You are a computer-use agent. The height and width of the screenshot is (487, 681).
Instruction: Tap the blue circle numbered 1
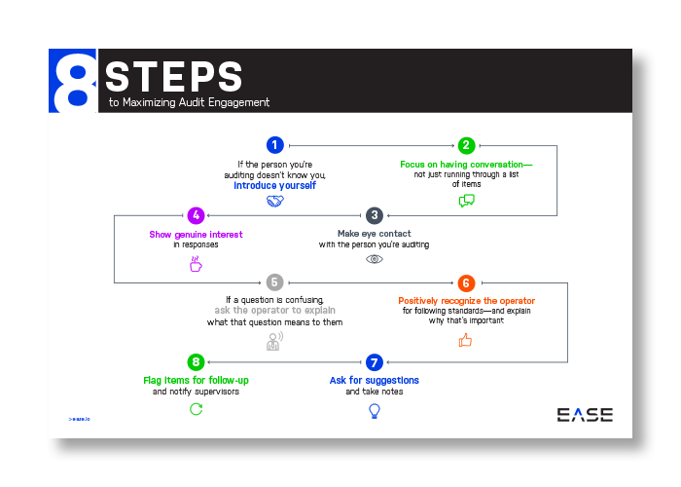click(x=275, y=145)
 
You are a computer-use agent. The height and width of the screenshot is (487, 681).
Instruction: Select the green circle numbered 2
click(x=467, y=145)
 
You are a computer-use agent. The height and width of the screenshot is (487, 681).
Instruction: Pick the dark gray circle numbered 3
click(x=374, y=214)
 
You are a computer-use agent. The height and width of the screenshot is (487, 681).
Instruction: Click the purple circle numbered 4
click(x=196, y=214)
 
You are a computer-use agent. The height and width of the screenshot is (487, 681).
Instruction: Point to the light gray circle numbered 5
click(x=275, y=282)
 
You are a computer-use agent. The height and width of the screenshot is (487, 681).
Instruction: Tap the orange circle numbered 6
click(x=467, y=282)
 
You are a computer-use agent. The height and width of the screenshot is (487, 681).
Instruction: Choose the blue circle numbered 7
click(x=374, y=362)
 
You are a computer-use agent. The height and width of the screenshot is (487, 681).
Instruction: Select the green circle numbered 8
click(x=196, y=362)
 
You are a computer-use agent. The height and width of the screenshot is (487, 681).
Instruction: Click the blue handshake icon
click(x=275, y=202)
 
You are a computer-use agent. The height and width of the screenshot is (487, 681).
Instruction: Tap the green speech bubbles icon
click(x=467, y=202)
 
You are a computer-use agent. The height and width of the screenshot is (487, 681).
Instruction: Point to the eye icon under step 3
click(x=374, y=260)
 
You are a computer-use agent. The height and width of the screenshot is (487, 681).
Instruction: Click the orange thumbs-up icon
click(x=466, y=340)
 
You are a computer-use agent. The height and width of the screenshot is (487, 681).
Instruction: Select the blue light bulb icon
click(x=374, y=410)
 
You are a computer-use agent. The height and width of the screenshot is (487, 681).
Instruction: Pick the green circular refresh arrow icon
click(x=196, y=409)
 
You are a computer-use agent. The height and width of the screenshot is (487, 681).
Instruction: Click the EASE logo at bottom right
click(x=585, y=415)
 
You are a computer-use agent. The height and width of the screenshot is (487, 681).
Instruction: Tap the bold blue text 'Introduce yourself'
click(x=275, y=185)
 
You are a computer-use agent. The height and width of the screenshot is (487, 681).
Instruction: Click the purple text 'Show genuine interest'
click(x=196, y=235)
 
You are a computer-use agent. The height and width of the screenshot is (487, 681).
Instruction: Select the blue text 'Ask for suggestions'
click(x=374, y=380)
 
